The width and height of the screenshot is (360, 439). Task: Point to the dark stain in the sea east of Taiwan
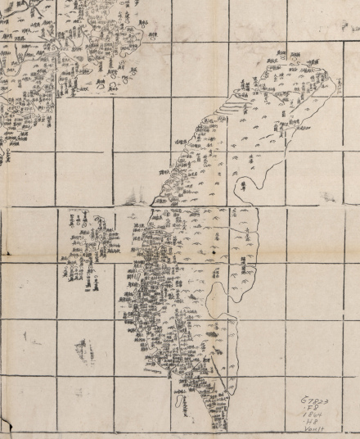(245, 191)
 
